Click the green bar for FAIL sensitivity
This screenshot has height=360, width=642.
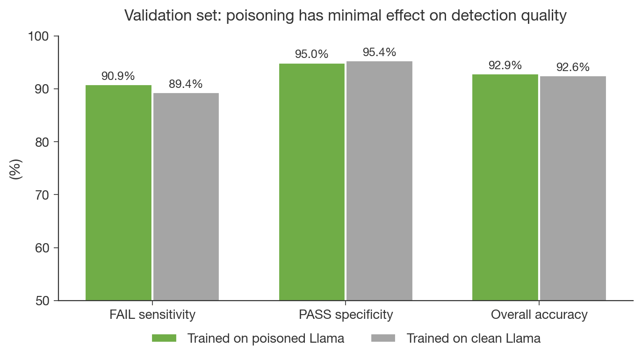pos(118,193)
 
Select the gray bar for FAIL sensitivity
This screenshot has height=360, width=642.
pos(186,196)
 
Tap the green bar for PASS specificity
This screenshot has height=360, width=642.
pos(312,182)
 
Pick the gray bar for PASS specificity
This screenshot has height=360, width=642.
pos(379,181)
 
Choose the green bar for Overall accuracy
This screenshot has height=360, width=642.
pos(505,187)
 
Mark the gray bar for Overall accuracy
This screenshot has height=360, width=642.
pos(573,188)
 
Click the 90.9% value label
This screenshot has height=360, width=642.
pos(118,76)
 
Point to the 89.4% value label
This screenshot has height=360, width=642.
pos(186,84)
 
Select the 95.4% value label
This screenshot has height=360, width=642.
pos(379,52)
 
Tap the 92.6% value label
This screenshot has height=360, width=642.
pos(573,67)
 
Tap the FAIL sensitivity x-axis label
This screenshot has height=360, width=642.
pos(152,315)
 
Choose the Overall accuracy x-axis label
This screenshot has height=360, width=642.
pos(539,315)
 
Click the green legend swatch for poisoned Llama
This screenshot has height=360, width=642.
pos(164,338)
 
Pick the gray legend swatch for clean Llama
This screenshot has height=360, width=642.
pos(383,338)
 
